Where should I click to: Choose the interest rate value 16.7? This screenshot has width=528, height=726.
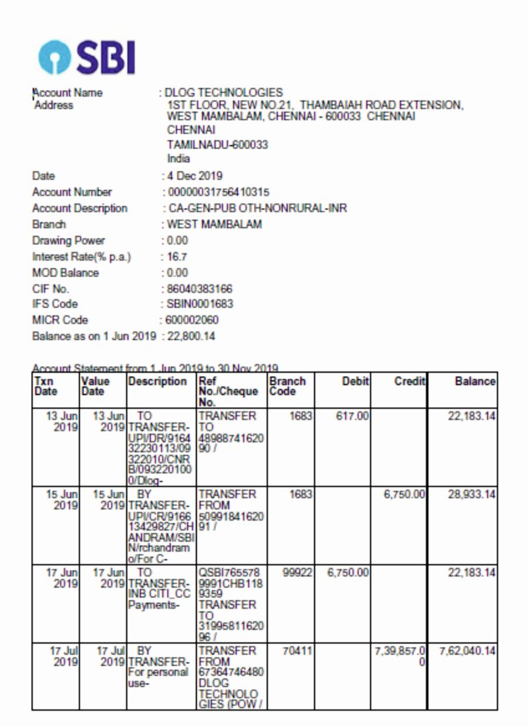click(x=177, y=257)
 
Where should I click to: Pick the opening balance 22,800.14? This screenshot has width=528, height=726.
click(x=191, y=336)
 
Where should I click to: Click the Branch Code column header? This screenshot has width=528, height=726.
click(x=287, y=387)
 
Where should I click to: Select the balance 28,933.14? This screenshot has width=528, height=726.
click(x=472, y=495)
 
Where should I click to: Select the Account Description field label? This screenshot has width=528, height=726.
click(x=80, y=208)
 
